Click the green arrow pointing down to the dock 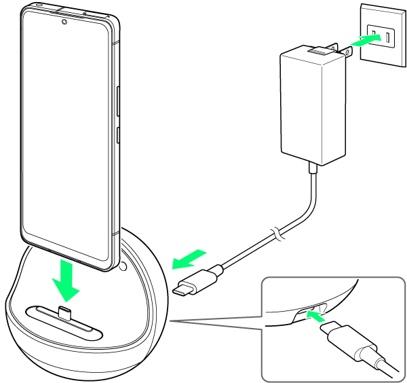pyautogui.click(x=67, y=282)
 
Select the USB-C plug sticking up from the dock pyautogui.click(x=65, y=313)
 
